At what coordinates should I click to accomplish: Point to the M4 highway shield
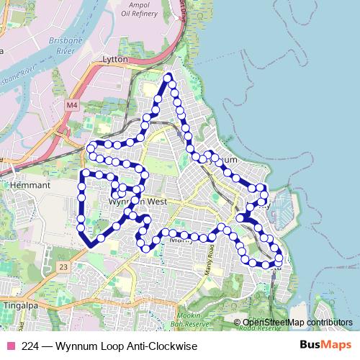click(71, 106)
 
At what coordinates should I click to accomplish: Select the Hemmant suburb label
click(30, 185)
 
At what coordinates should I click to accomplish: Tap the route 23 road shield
click(64, 266)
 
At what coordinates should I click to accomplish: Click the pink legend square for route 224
click(10, 346)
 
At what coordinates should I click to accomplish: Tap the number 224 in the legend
click(30, 346)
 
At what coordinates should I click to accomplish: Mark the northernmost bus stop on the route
click(168, 77)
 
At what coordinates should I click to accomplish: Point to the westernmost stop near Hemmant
click(81, 186)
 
